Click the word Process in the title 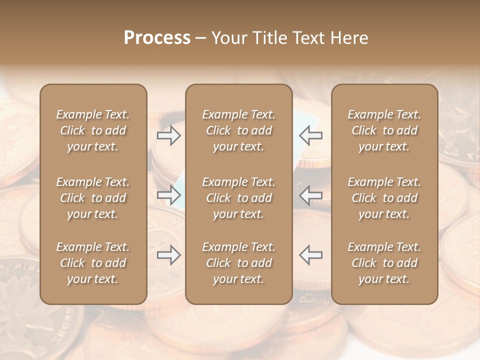pyautogui.click(x=157, y=38)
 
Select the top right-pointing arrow pyautogui.click(x=168, y=135)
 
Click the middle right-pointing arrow pyautogui.click(x=168, y=195)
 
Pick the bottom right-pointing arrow pyautogui.click(x=168, y=255)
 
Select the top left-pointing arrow pyautogui.click(x=311, y=135)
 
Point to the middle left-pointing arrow pyautogui.click(x=311, y=195)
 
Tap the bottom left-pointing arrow pyautogui.click(x=311, y=255)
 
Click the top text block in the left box pyautogui.click(x=93, y=130)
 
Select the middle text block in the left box pyautogui.click(x=93, y=198)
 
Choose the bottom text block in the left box pyautogui.click(x=93, y=263)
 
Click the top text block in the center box pyautogui.click(x=238, y=130)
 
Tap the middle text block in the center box pyautogui.click(x=238, y=198)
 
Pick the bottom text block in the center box pyautogui.click(x=238, y=263)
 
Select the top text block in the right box pyautogui.click(x=384, y=130)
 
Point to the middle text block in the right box pyautogui.click(x=384, y=198)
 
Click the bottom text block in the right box pyautogui.click(x=384, y=263)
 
